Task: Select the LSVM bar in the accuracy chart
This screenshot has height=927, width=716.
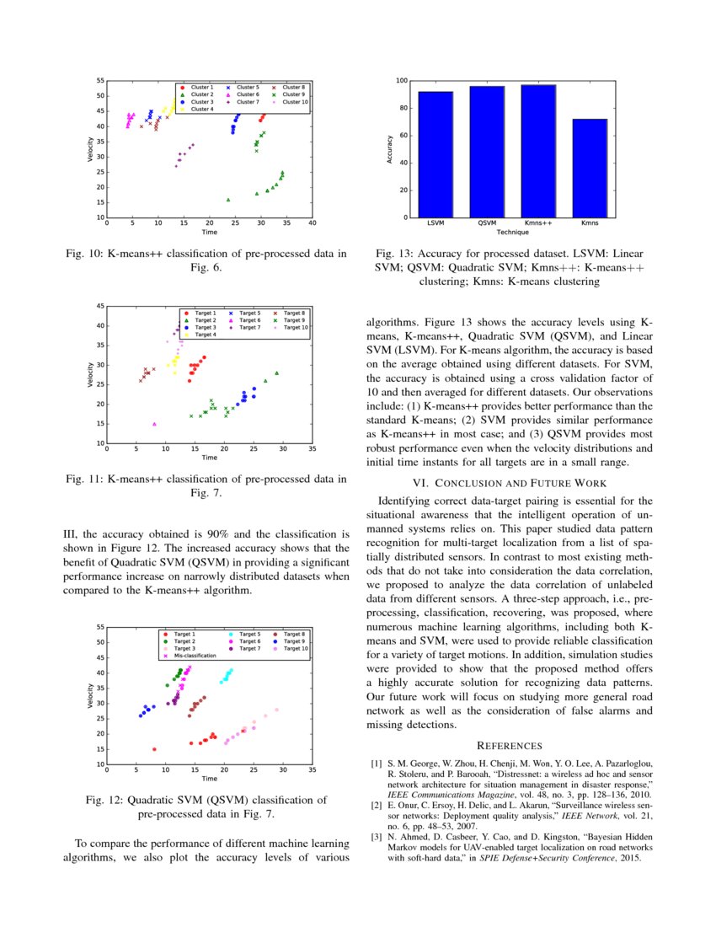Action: pos(435,155)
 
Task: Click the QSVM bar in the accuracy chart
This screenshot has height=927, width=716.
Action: pos(487,152)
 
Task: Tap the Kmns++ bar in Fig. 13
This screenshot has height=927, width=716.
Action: pos(538,152)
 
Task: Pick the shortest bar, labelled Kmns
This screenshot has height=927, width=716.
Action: pos(590,169)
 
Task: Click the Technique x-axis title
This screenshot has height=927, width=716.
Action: pos(512,231)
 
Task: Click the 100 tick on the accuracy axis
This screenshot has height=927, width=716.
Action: pos(402,81)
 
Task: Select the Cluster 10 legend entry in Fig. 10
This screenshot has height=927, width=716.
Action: pos(295,102)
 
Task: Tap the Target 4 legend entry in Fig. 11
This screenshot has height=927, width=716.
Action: pos(206,335)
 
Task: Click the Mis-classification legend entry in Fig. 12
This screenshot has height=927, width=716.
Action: pos(195,655)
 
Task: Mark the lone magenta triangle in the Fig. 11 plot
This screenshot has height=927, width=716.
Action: pos(154,424)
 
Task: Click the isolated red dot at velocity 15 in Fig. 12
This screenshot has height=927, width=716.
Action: pos(154,748)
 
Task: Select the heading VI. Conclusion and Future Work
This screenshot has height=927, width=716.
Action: pos(510,483)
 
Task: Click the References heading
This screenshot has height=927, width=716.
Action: pos(510,746)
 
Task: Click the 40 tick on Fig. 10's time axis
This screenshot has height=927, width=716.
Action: pos(313,224)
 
